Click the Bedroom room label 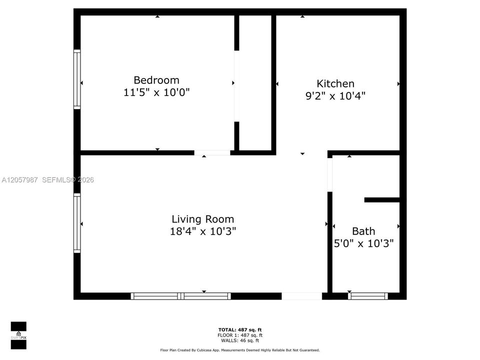tap(156, 80)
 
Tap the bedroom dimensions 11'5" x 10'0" tap(156, 92)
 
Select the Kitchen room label tap(335, 83)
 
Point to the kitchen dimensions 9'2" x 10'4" tap(335, 96)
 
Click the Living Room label tap(202, 219)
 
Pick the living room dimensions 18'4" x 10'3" tap(203, 231)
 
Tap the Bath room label tap(363, 231)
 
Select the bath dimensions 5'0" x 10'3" tap(363, 243)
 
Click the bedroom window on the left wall tap(77, 79)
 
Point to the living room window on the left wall tap(77, 223)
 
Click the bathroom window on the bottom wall tap(368, 296)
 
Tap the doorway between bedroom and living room tap(212, 153)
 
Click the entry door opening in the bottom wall tap(301, 296)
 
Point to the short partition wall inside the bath tap(382, 200)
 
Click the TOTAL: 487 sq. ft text tap(240, 329)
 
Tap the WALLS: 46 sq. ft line tap(240, 340)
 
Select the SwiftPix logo tap(18, 335)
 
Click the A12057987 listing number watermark tap(19, 180)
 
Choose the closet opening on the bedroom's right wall tap(236, 86)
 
